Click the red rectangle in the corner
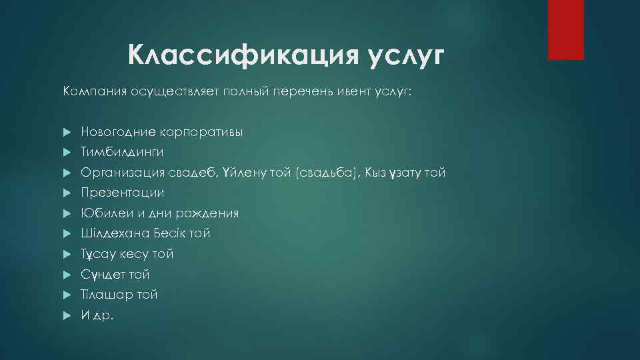(x=565, y=29)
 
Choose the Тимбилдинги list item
(x=122, y=152)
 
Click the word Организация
(x=118, y=173)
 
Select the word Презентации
(x=123, y=193)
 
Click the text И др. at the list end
(x=97, y=315)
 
